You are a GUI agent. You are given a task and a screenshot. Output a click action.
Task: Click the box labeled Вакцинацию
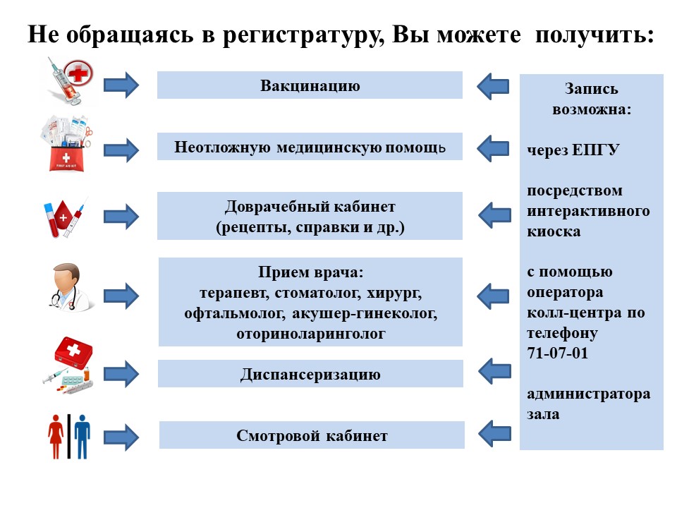[x=310, y=85]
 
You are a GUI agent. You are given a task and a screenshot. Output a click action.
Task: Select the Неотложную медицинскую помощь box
[x=310, y=147]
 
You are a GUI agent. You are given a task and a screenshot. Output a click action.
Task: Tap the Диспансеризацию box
[x=310, y=374]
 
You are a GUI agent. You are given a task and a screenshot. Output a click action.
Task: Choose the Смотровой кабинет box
[x=312, y=435]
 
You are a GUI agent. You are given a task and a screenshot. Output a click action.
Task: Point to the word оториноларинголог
[x=311, y=333]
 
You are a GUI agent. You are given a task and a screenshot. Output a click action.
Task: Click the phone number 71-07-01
[x=557, y=353]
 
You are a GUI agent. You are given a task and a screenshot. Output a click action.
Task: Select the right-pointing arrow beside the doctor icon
[x=122, y=293]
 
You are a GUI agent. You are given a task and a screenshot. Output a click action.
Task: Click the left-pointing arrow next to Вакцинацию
[x=494, y=85]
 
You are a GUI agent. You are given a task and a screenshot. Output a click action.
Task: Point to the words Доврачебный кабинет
[x=310, y=207]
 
